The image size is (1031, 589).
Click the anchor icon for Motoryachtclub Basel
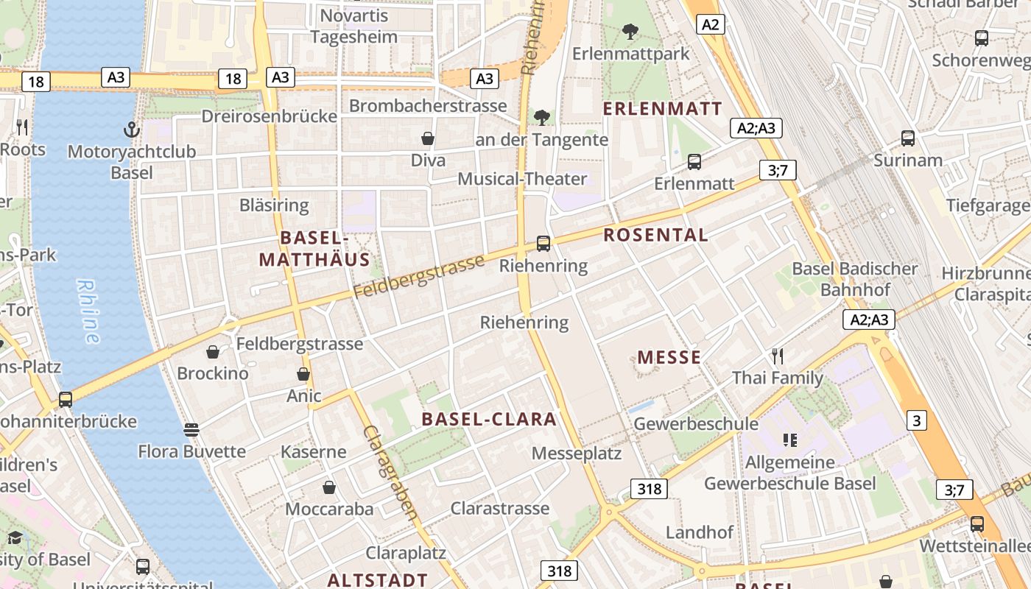coord(131,130)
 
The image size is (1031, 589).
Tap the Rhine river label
coord(88,311)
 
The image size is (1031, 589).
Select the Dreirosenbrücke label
coord(269,116)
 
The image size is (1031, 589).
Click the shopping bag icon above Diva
coord(427,138)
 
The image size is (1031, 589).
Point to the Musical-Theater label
coord(522,179)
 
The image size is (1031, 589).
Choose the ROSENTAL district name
coord(655,235)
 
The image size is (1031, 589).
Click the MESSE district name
coord(669,358)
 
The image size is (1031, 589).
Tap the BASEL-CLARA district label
coord(489,419)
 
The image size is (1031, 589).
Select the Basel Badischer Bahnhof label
coord(855,279)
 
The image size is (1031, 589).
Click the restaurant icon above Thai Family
coord(778,357)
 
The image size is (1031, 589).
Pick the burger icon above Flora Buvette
coord(191,429)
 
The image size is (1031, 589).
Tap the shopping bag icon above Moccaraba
coord(329,487)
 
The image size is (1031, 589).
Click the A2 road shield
coord(710,24)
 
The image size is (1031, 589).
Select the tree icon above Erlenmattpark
coord(630,32)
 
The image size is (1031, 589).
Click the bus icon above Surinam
coord(908,138)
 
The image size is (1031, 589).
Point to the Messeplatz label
coord(577,453)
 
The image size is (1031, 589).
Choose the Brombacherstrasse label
coord(428,105)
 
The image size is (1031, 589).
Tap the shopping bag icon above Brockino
coord(213,352)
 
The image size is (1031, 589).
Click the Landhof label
coord(699,532)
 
